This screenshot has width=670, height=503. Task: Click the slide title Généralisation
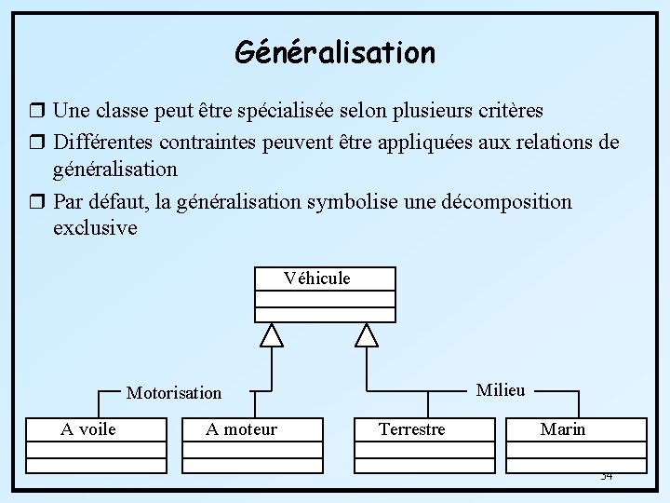tap(335, 52)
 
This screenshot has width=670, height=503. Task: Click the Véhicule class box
tap(325, 293)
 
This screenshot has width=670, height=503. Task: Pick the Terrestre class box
tap(425, 444)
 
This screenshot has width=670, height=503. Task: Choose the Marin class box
tap(578, 444)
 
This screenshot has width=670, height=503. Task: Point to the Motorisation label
tap(174, 393)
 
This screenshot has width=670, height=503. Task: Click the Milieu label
tap(501, 390)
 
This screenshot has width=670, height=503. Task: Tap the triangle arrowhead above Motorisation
tap(271, 335)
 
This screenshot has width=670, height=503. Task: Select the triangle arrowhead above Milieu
tap(368, 335)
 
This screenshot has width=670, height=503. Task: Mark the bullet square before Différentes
tap(37, 143)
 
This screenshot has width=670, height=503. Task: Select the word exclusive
tap(95, 228)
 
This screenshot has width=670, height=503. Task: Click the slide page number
tap(606, 476)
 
